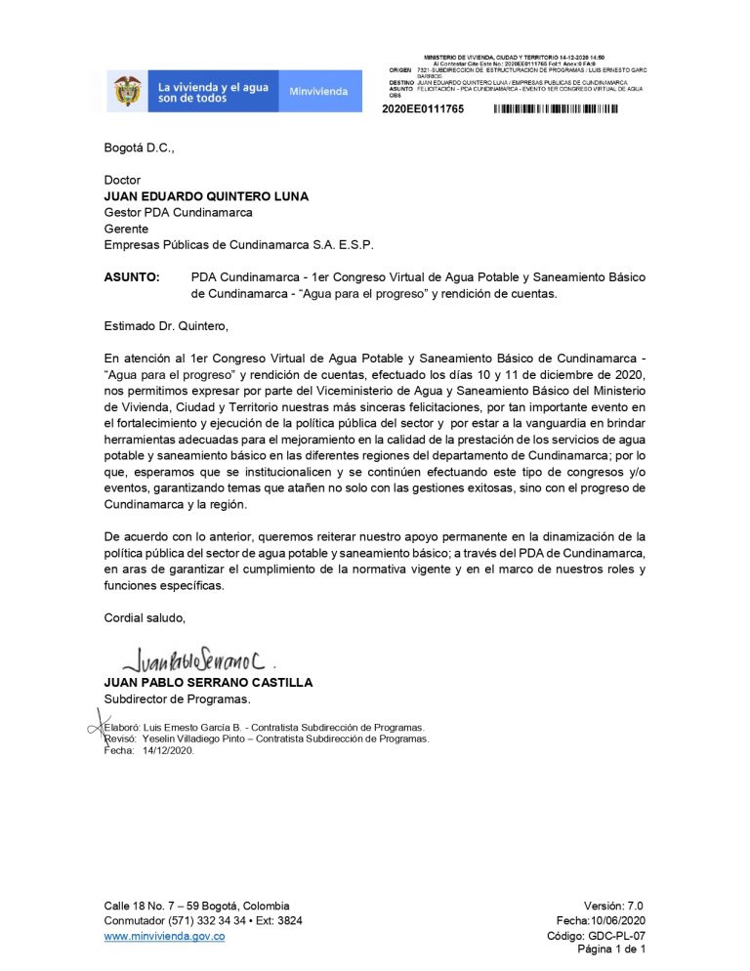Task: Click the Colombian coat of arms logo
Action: point(127,91)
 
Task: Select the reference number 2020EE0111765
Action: point(423,108)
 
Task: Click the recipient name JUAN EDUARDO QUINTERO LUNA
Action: point(206,196)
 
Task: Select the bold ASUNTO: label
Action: point(132,277)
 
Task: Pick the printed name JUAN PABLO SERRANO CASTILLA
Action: point(208,683)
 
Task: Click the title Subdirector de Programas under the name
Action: point(178,698)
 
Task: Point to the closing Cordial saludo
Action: point(145,617)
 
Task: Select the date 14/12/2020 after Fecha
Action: point(169,751)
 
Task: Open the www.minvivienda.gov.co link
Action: point(165,937)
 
